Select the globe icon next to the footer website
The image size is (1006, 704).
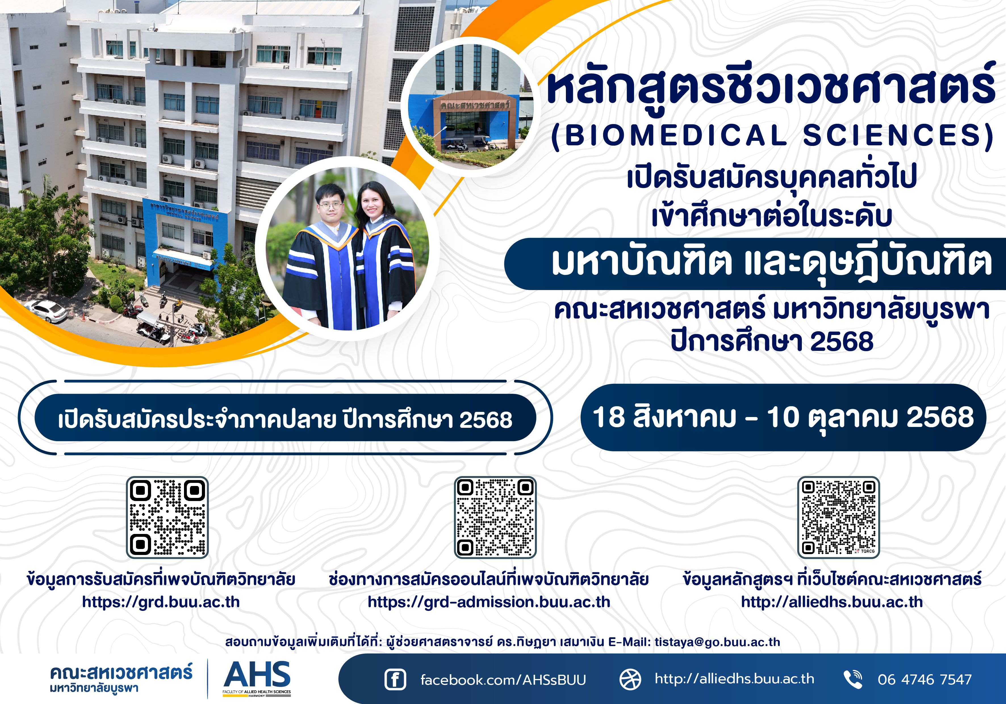tap(630, 680)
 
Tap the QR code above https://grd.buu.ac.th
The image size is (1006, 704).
tap(167, 517)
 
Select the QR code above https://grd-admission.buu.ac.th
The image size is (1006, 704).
tap(495, 517)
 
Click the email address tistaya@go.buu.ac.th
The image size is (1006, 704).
tap(717, 642)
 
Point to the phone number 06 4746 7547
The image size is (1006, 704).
tap(925, 680)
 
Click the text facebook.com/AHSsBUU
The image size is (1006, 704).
tap(503, 680)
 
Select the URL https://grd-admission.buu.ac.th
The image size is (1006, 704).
tap(489, 602)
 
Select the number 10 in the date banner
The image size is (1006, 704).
tap(783, 417)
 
